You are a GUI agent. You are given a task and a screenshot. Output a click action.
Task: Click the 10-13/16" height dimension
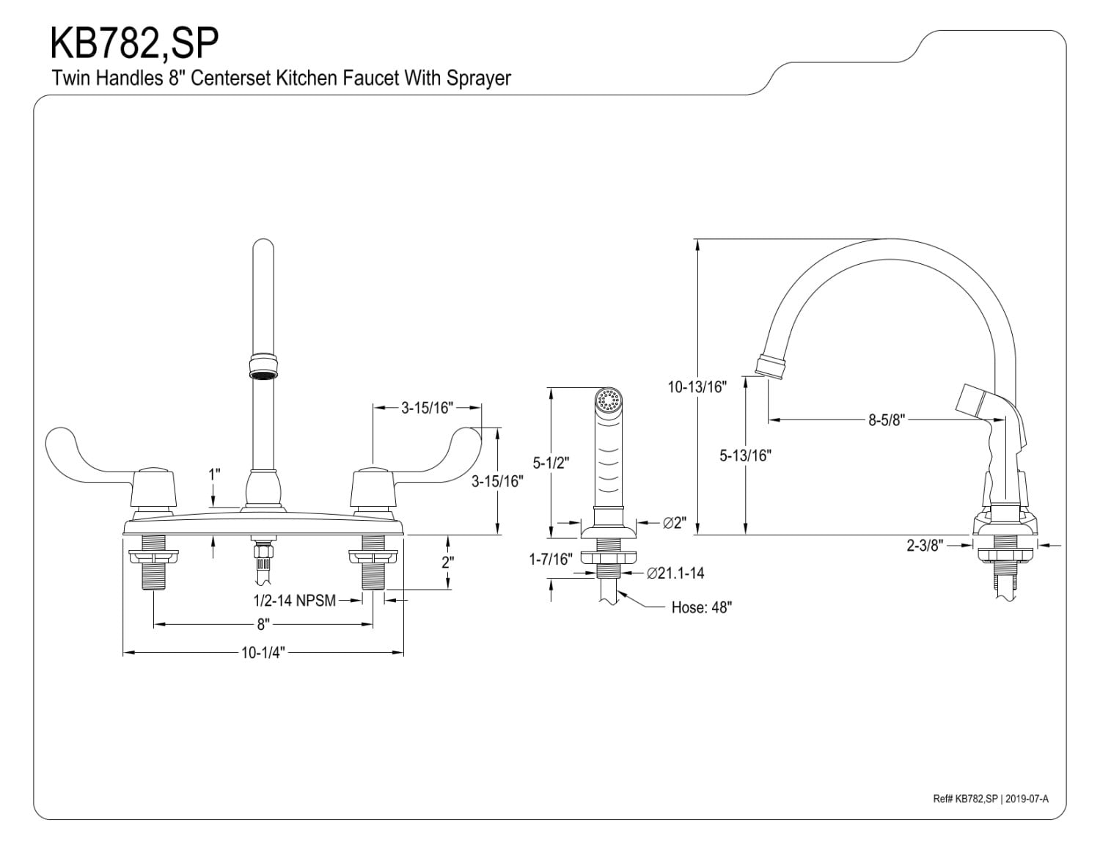click(696, 387)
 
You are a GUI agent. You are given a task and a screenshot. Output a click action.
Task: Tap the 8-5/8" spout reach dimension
click(887, 420)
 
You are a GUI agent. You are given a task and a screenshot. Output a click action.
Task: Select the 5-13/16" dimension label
click(745, 455)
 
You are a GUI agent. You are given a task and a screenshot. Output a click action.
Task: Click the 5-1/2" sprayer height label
click(551, 463)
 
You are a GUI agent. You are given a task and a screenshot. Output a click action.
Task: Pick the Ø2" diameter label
click(673, 523)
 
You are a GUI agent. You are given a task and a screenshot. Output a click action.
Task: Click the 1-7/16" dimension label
click(551, 560)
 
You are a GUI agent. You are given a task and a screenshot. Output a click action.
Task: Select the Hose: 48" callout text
click(701, 607)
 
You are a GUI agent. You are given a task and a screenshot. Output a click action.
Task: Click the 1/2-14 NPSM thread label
click(294, 601)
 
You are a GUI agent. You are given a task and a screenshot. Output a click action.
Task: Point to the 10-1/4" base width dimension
click(263, 653)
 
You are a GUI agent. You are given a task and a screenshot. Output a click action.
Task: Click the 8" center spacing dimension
click(263, 625)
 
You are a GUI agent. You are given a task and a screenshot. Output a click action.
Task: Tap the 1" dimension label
click(214, 475)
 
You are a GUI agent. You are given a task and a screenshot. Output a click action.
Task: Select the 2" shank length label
click(447, 563)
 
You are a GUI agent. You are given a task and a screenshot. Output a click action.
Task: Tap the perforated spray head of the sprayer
click(609, 401)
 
